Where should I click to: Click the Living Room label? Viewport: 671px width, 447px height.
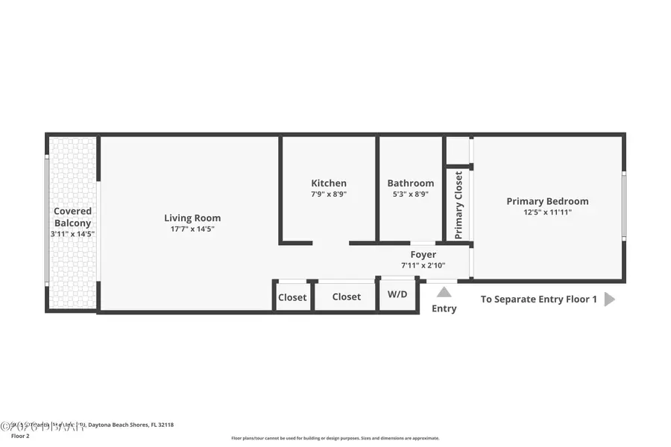click(x=192, y=218)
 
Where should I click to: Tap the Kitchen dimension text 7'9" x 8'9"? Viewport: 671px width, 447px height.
click(x=329, y=194)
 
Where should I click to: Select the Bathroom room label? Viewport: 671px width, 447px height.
click(x=410, y=183)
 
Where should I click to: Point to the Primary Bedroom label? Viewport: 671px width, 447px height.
click(x=547, y=201)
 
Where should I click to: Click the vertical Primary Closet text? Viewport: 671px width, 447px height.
click(x=459, y=205)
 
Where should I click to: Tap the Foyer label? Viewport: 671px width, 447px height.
click(x=423, y=255)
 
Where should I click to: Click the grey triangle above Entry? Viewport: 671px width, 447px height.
click(x=444, y=292)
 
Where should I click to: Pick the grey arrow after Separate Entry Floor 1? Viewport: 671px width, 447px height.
click(x=610, y=299)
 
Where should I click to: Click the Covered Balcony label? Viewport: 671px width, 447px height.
click(x=72, y=217)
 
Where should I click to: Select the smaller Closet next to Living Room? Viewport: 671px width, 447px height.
click(x=292, y=297)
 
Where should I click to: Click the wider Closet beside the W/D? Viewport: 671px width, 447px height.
click(x=346, y=297)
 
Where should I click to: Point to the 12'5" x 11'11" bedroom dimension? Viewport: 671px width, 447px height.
click(x=547, y=212)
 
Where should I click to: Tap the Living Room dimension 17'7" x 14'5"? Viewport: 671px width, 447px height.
click(x=192, y=229)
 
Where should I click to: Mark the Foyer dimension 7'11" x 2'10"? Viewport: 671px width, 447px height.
click(x=423, y=265)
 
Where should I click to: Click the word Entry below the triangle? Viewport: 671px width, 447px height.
click(x=444, y=308)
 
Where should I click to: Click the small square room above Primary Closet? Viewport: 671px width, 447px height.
click(x=457, y=150)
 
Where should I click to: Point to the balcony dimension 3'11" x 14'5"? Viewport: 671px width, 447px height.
click(x=72, y=234)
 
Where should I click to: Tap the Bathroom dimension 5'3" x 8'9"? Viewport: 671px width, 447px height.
click(x=410, y=194)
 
